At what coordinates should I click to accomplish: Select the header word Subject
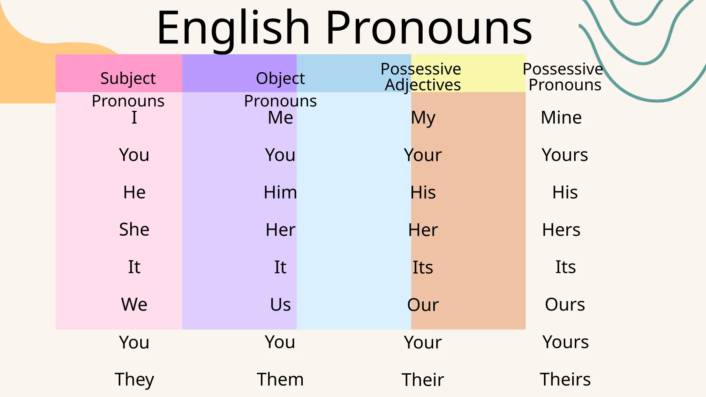click(128, 79)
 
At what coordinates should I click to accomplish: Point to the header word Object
click(280, 79)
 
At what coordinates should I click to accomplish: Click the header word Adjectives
click(423, 85)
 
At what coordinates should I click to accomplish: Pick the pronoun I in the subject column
click(134, 118)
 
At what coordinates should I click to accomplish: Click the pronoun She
click(134, 230)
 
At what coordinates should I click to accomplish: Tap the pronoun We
click(134, 305)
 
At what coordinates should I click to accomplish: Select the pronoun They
click(134, 380)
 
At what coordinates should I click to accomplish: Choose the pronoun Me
click(280, 118)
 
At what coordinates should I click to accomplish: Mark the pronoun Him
click(280, 192)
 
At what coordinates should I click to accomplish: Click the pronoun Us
click(280, 305)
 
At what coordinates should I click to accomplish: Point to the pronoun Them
click(280, 379)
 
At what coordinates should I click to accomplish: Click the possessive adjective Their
click(423, 380)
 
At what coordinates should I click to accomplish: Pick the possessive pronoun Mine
click(561, 118)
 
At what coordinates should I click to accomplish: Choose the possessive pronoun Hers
click(561, 230)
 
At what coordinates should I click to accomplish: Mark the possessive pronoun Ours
click(565, 305)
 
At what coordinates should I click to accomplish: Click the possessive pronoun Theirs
click(565, 379)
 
